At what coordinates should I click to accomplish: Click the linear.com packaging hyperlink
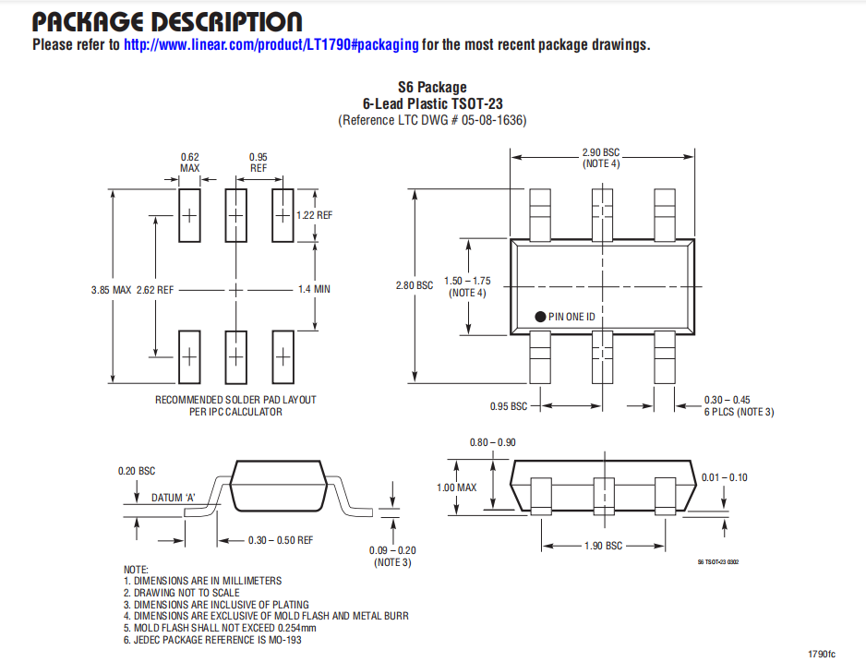click(271, 44)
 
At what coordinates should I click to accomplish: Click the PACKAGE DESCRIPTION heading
click(167, 21)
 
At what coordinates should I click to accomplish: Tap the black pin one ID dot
click(540, 317)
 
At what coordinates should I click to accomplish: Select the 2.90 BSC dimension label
click(601, 152)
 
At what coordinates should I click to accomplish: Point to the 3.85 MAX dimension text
click(111, 290)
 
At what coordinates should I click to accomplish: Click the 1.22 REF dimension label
click(314, 215)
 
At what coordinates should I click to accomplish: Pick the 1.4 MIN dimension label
click(314, 289)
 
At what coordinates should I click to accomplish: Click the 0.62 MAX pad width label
click(189, 162)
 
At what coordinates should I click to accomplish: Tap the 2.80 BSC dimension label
click(415, 285)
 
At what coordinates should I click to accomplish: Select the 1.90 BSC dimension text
click(603, 546)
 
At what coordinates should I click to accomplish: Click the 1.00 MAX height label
click(456, 487)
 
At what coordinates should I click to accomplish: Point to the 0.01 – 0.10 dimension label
click(724, 477)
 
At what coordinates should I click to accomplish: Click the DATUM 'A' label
click(174, 498)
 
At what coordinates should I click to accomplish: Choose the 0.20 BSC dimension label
click(137, 471)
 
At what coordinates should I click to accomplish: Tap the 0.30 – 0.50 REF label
click(281, 540)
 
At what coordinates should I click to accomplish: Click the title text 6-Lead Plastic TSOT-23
click(432, 103)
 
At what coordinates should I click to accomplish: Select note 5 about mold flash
click(220, 628)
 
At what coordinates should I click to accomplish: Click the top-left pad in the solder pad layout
click(189, 215)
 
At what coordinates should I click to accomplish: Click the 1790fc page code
click(822, 654)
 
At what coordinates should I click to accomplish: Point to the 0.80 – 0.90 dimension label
click(493, 442)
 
